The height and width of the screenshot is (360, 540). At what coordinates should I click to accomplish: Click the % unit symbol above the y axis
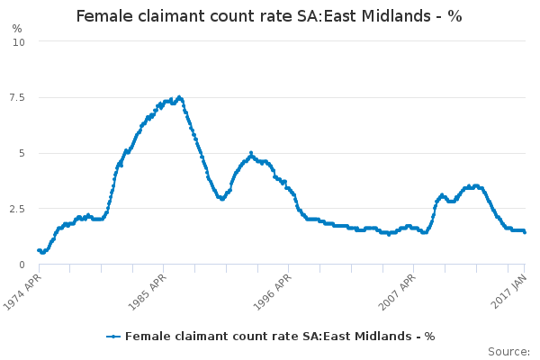point(17,28)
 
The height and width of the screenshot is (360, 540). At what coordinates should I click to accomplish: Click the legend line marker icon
point(113,337)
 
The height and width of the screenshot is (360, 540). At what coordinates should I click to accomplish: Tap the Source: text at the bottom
point(508,351)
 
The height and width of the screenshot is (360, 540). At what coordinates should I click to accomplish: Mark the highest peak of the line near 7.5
point(180,97)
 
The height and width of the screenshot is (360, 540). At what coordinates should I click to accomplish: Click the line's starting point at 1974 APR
point(39,250)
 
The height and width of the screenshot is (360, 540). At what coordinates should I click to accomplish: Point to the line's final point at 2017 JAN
point(525,232)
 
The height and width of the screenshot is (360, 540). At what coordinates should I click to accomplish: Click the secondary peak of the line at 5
point(251,153)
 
